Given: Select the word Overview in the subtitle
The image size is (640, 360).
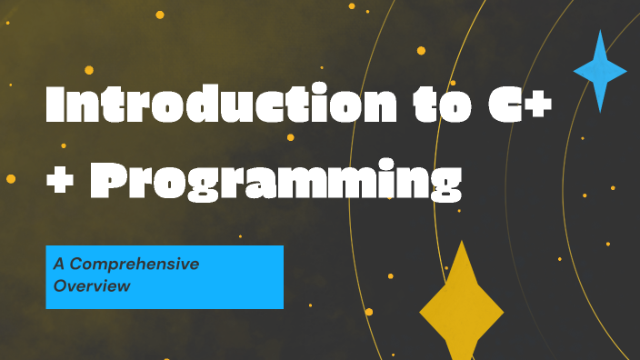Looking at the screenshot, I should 92,285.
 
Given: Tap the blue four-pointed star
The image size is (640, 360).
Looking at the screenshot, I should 600,71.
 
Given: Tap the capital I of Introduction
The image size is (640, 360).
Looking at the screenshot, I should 55,105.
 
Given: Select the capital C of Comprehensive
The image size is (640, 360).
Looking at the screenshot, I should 77,265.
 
